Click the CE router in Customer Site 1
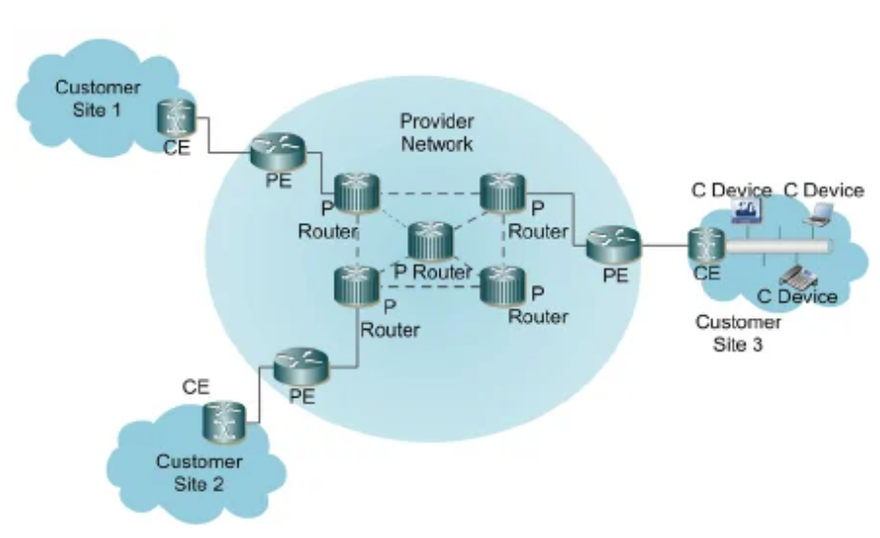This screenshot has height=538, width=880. [x=178, y=119]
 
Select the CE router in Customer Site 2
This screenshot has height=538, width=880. [x=217, y=423]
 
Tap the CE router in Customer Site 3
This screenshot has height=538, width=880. [x=705, y=242]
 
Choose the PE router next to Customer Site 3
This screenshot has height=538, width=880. [x=613, y=243]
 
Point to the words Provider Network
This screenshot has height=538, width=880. [x=437, y=133]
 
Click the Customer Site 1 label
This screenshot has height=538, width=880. [x=97, y=98]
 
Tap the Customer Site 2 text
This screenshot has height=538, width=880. [x=199, y=471]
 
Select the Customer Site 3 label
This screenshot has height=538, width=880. [x=738, y=333]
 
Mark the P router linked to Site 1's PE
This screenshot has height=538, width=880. [x=354, y=192]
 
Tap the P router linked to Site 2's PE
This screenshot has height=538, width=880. [x=354, y=286]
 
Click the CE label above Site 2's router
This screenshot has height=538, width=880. [x=196, y=387]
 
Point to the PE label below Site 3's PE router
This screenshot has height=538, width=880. [x=615, y=276]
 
